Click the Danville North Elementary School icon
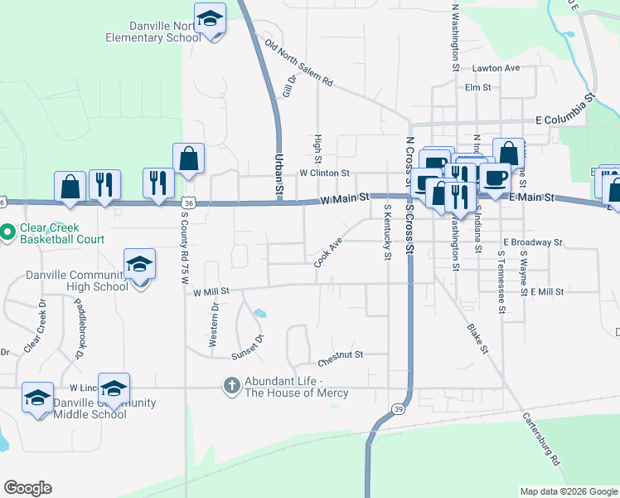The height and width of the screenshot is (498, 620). (x=211, y=19)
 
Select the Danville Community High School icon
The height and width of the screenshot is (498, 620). (x=140, y=266)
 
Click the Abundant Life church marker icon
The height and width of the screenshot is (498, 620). (x=232, y=385)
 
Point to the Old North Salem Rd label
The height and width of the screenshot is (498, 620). (x=298, y=64)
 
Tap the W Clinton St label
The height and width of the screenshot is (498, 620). (x=325, y=173)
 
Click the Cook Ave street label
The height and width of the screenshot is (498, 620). (x=328, y=253)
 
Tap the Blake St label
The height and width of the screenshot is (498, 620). (x=475, y=339)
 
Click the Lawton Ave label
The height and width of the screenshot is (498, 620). (x=496, y=68)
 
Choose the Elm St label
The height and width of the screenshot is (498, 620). (x=478, y=87)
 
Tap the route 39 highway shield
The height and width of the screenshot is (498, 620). (x=400, y=410)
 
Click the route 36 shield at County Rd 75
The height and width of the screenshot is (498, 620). (x=189, y=203)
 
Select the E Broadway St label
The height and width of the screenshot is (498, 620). (x=533, y=243)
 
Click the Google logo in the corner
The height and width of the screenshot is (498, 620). (x=27, y=488)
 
